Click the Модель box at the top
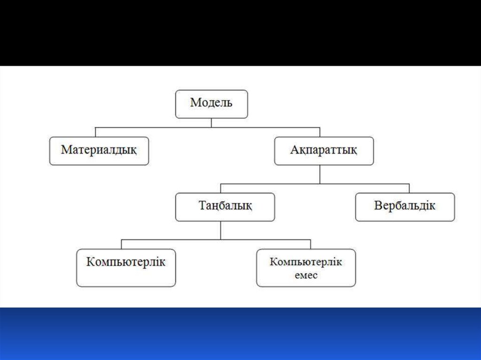click(211, 104)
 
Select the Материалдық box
click(99, 151)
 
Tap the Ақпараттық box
click(324, 151)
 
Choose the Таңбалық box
click(225, 207)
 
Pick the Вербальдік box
click(404, 207)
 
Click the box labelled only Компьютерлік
click(126, 268)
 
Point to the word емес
click(306, 275)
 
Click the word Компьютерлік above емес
click(306, 262)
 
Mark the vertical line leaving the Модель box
click(211, 123)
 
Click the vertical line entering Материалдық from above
click(95, 132)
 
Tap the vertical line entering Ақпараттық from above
click(320, 132)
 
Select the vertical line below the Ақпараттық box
click(320, 174)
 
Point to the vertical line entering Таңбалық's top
click(221, 188)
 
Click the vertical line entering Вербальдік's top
click(409, 188)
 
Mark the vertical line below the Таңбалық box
click(221, 230)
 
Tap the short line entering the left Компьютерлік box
click(122, 244)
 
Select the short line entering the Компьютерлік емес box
click(310, 244)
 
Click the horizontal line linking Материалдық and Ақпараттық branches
click(207, 127)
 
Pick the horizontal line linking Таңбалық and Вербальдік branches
click(315, 184)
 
